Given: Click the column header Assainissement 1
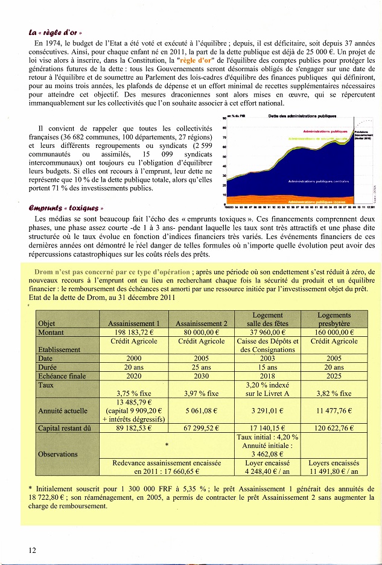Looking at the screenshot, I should [133, 324].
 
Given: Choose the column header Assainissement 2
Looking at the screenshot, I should [201, 324].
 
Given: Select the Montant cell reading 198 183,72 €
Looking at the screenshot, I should [133, 333].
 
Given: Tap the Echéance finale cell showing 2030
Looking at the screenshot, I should [201, 375].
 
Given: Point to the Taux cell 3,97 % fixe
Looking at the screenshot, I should [201, 394].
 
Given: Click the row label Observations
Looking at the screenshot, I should [57, 454].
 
